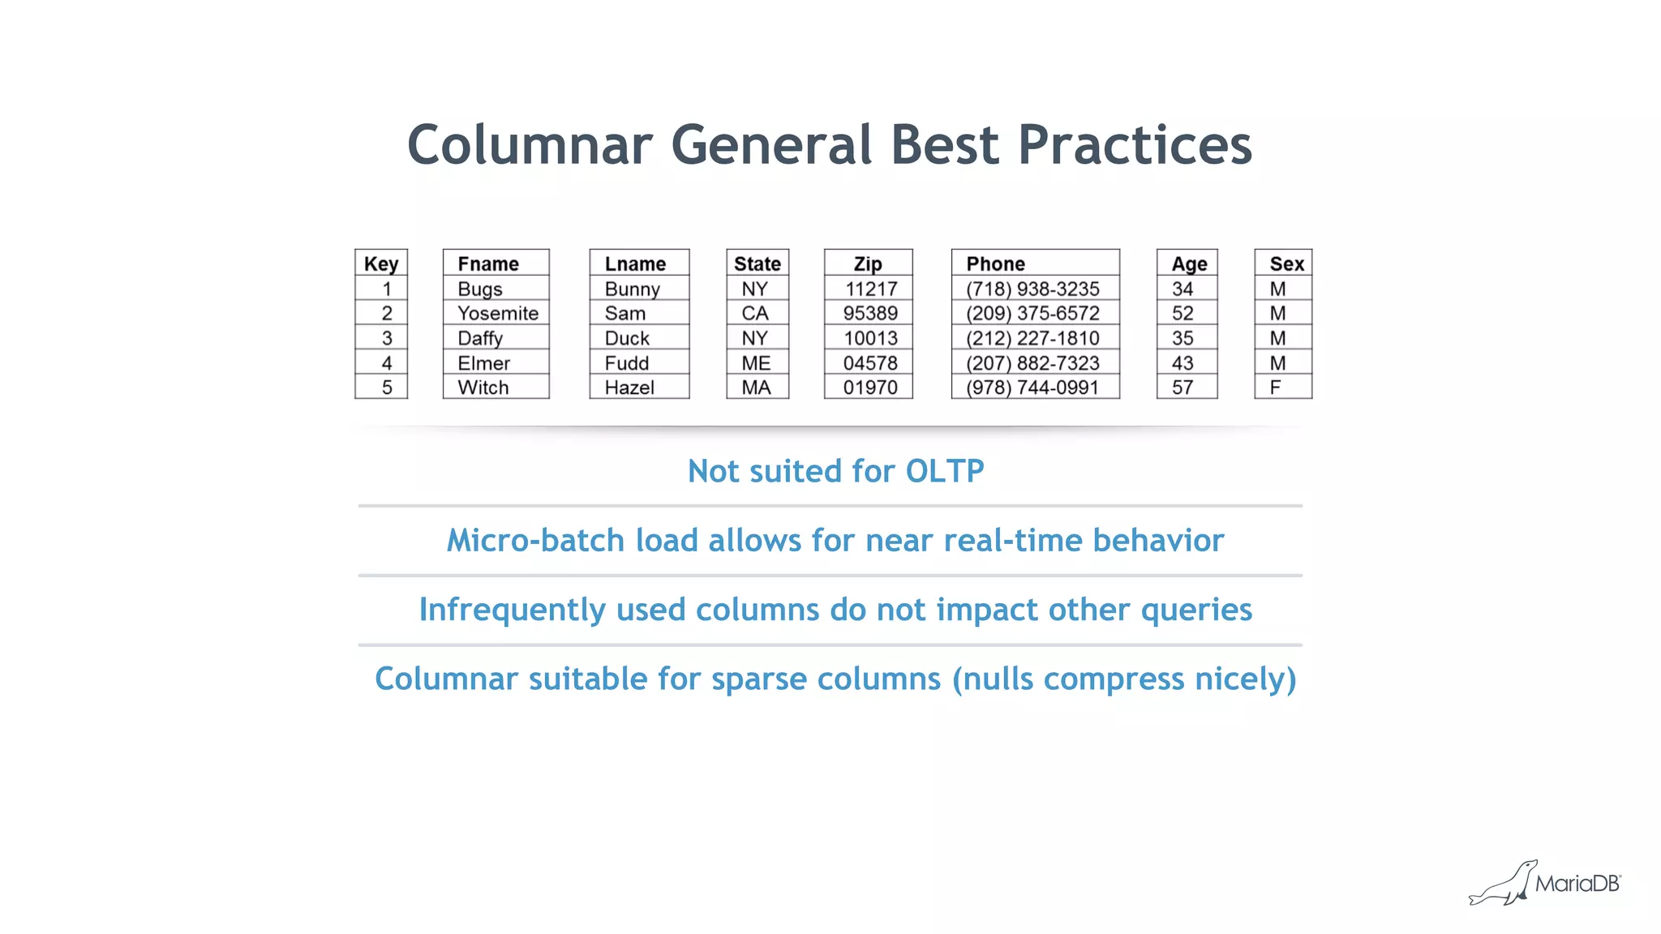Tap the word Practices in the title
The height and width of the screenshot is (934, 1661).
pos(1135,145)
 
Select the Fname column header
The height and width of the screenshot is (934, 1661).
pos(488,263)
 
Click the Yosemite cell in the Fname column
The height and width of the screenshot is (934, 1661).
pos(497,313)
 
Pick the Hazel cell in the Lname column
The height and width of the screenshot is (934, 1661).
pos(629,388)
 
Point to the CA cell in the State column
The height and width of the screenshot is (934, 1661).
pos(755,313)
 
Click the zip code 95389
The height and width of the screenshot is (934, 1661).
pos(870,313)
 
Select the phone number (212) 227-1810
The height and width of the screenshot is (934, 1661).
pos(1032,338)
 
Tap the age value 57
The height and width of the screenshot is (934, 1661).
pos(1182,388)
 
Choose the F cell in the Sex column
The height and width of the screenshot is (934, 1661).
pos(1276,388)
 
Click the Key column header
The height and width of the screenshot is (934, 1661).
pos(381,263)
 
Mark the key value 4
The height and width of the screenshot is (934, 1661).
pos(387,363)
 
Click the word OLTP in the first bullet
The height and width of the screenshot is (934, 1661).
pos(944,471)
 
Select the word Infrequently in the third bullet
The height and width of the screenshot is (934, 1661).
pos(512,610)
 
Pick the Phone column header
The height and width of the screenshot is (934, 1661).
pos(995,263)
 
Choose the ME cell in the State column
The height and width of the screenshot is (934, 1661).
pos(756,363)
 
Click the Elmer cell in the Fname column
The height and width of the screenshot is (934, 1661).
pos(483,363)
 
